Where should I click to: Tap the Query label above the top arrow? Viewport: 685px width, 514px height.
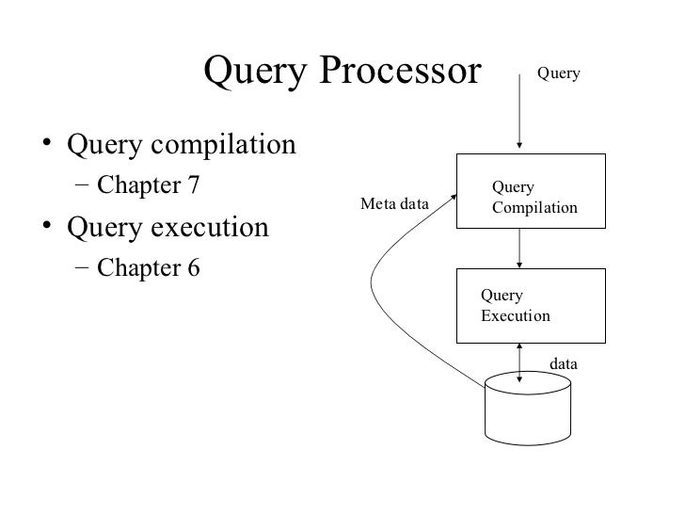(x=558, y=73)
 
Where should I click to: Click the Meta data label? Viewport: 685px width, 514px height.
(x=395, y=204)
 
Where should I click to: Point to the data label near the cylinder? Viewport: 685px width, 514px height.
(x=563, y=362)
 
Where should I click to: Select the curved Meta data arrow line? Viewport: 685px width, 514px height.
(x=374, y=282)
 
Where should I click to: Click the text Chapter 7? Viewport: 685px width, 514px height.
(x=149, y=185)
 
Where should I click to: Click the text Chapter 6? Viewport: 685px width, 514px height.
(x=149, y=268)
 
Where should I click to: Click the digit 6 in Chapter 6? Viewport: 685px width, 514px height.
(x=193, y=268)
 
